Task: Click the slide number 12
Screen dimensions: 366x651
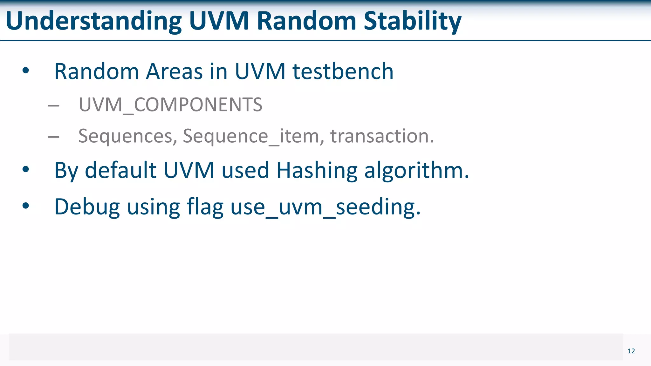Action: point(631,351)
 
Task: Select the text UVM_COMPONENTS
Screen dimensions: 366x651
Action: point(171,105)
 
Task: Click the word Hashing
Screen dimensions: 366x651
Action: point(317,171)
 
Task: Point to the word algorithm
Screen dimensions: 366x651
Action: point(416,171)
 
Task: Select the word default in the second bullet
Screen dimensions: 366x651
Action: point(121,171)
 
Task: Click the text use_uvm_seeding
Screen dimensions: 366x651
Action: point(325,207)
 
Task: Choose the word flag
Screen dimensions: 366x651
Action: point(205,207)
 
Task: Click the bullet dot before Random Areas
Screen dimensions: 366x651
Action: point(26,71)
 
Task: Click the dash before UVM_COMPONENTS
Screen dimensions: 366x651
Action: point(54,105)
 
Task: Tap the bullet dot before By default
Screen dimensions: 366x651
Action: point(26,170)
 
